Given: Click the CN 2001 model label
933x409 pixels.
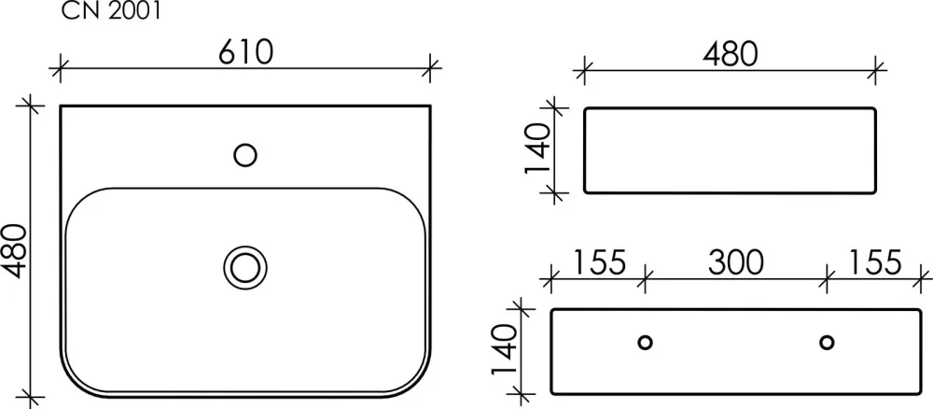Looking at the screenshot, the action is pos(111,10).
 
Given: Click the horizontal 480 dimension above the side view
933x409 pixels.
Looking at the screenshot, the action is pos(731,54).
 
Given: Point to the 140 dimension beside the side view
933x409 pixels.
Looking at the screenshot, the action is pos(537,148).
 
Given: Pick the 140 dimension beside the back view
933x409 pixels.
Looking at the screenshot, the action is pos(505,349).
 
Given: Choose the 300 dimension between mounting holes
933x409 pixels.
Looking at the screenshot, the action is pos(735,262).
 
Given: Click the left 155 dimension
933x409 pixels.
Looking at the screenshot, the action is pos(599,262).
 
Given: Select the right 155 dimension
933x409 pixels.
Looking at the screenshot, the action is pos(874,262).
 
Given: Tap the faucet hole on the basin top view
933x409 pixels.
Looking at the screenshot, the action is pos(245,155).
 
